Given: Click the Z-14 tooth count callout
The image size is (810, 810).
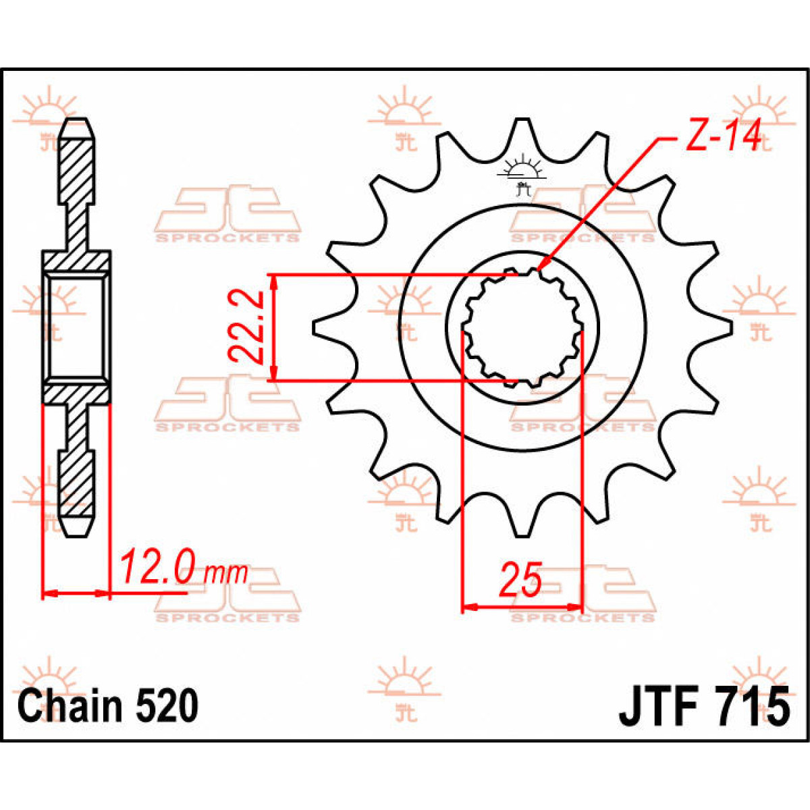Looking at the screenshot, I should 722,136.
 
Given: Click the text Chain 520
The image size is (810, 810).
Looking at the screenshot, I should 108,706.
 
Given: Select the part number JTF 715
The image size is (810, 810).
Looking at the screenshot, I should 703,706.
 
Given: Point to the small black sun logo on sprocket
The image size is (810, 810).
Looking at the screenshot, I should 521,172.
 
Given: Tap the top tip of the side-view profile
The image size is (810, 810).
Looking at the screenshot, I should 77,124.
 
